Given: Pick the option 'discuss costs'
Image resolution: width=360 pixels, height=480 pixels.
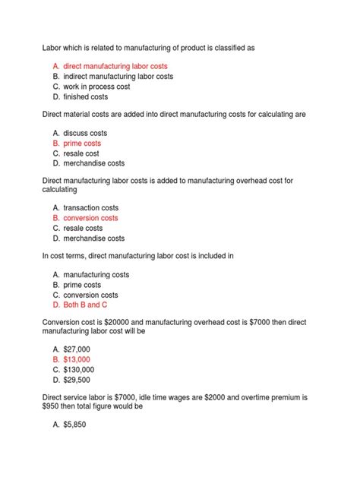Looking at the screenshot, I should [x=85, y=133].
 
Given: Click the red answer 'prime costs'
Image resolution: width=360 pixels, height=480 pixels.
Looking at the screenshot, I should [x=82, y=143].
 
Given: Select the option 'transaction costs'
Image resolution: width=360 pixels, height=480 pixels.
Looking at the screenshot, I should [x=91, y=207].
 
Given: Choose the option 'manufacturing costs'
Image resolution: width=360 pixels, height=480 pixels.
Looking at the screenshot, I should [x=96, y=274].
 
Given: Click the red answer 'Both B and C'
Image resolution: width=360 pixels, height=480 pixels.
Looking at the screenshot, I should [x=86, y=305].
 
